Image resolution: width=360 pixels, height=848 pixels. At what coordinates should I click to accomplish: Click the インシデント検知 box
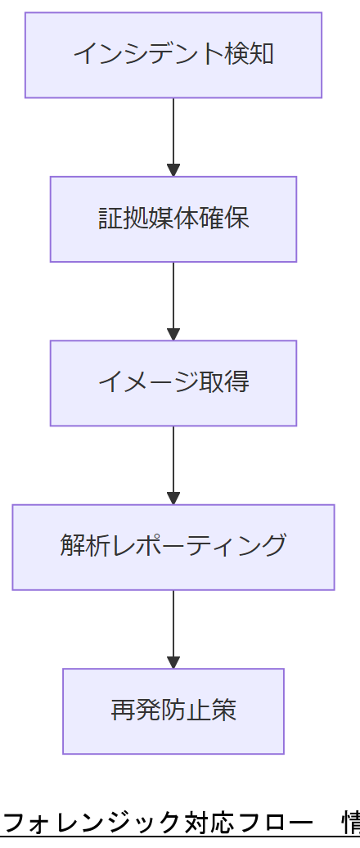click(x=173, y=55)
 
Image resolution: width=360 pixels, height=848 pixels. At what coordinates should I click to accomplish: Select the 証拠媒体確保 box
click(x=173, y=219)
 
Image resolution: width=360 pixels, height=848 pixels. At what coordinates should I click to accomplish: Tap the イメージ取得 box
click(x=173, y=382)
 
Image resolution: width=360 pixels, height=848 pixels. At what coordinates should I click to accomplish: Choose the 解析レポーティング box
click(x=173, y=546)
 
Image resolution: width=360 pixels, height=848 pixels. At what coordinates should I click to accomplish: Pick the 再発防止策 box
click(x=173, y=710)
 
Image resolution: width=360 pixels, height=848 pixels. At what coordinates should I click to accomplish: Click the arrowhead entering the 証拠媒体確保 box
click(x=173, y=170)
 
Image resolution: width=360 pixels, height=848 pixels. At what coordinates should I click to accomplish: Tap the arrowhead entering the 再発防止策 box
click(x=173, y=662)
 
